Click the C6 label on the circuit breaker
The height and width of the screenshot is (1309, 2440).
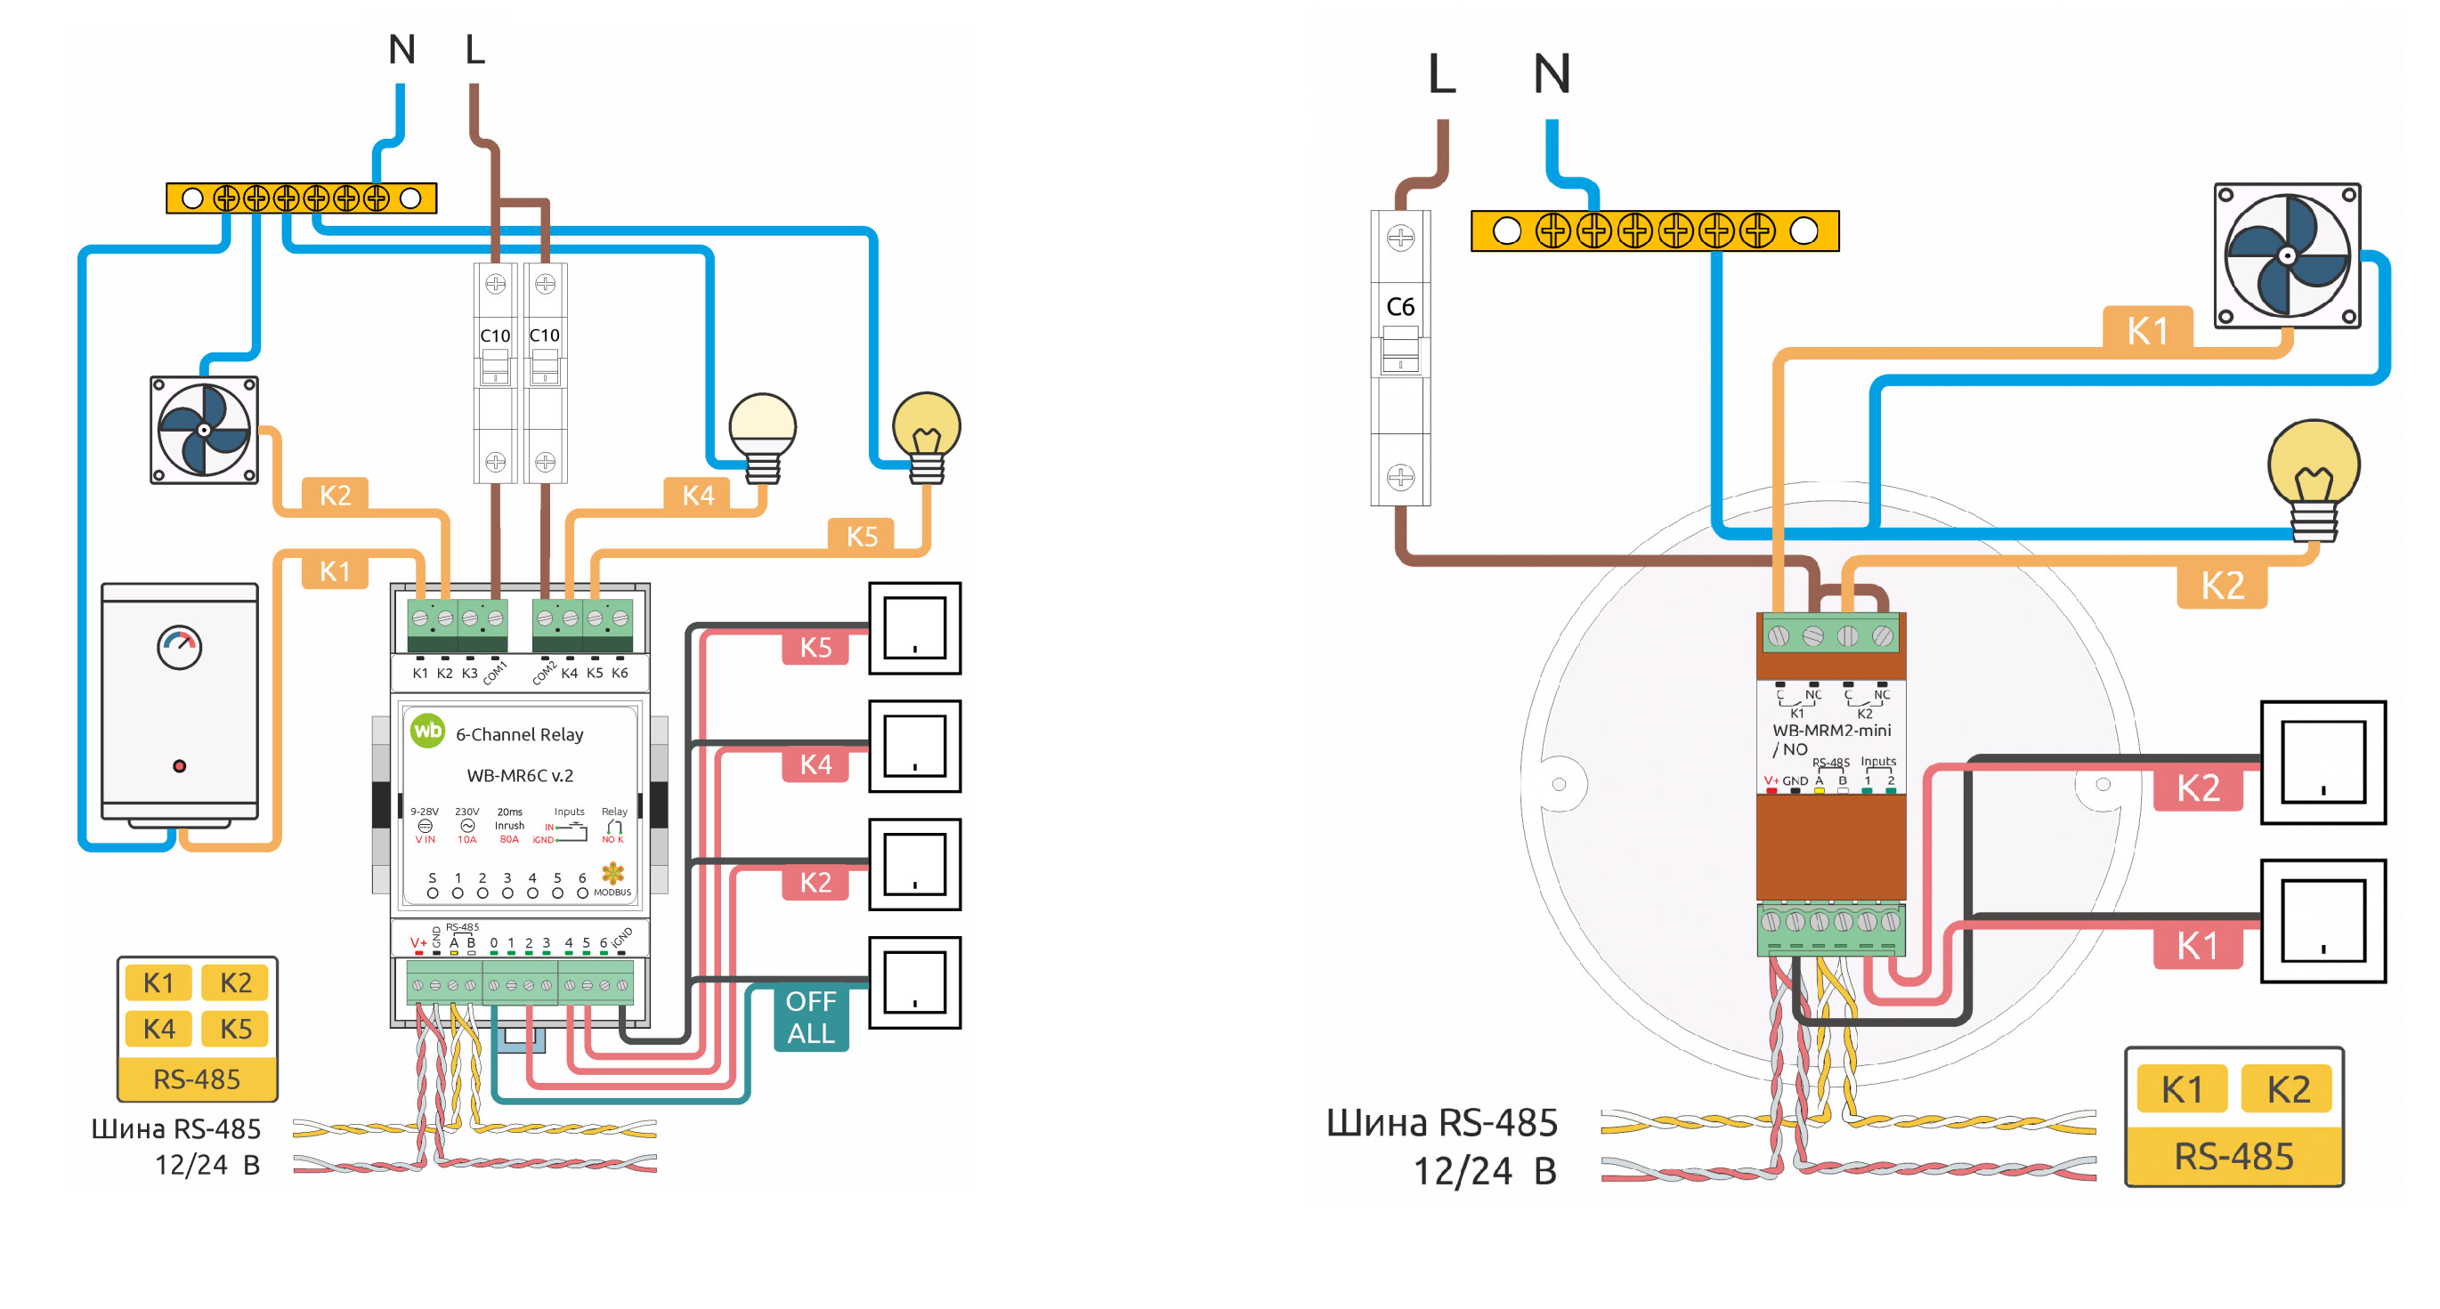tap(1400, 307)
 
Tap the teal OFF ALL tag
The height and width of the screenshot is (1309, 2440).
tap(811, 1017)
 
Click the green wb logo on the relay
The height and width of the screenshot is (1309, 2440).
tap(427, 731)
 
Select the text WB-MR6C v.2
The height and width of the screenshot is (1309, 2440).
tap(520, 776)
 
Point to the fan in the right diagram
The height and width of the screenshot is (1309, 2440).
tap(2287, 255)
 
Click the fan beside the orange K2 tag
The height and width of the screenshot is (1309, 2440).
tap(204, 430)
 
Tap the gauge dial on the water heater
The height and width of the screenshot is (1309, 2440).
tap(179, 648)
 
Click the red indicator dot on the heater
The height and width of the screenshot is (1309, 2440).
tap(179, 765)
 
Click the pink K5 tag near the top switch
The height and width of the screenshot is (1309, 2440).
tap(815, 648)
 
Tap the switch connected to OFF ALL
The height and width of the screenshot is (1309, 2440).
tap(914, 982)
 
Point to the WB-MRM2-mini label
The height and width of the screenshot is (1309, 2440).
tap(1831, 731)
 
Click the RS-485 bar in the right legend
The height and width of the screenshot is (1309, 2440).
tap(2233, 1157)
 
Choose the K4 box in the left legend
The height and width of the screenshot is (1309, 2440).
tap(158, 1029)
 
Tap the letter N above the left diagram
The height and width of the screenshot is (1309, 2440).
tap(401, 49)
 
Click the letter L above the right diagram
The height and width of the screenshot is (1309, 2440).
tap(1440, 74)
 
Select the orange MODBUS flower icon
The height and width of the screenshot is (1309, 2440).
tap(612, 873)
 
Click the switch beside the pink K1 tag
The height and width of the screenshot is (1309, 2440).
tap(2322, 921)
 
